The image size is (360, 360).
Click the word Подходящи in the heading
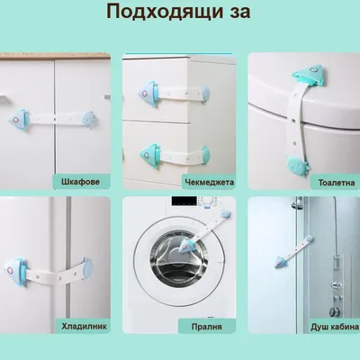165,12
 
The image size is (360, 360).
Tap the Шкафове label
80,182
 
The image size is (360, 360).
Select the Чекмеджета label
210,182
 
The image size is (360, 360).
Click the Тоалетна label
337,183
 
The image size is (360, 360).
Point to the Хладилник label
84,326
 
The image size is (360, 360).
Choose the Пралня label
207,327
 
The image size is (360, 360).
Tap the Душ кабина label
335,327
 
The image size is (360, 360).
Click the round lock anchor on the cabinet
89,118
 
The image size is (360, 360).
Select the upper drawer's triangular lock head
149,94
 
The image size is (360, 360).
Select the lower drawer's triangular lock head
150,155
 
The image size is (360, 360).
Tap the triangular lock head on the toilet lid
310,75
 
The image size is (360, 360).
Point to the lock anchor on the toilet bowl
297,166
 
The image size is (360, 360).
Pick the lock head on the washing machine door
186,244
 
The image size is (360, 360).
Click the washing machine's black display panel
184,201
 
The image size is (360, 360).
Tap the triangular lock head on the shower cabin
281,263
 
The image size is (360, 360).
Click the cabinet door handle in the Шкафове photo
4,97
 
